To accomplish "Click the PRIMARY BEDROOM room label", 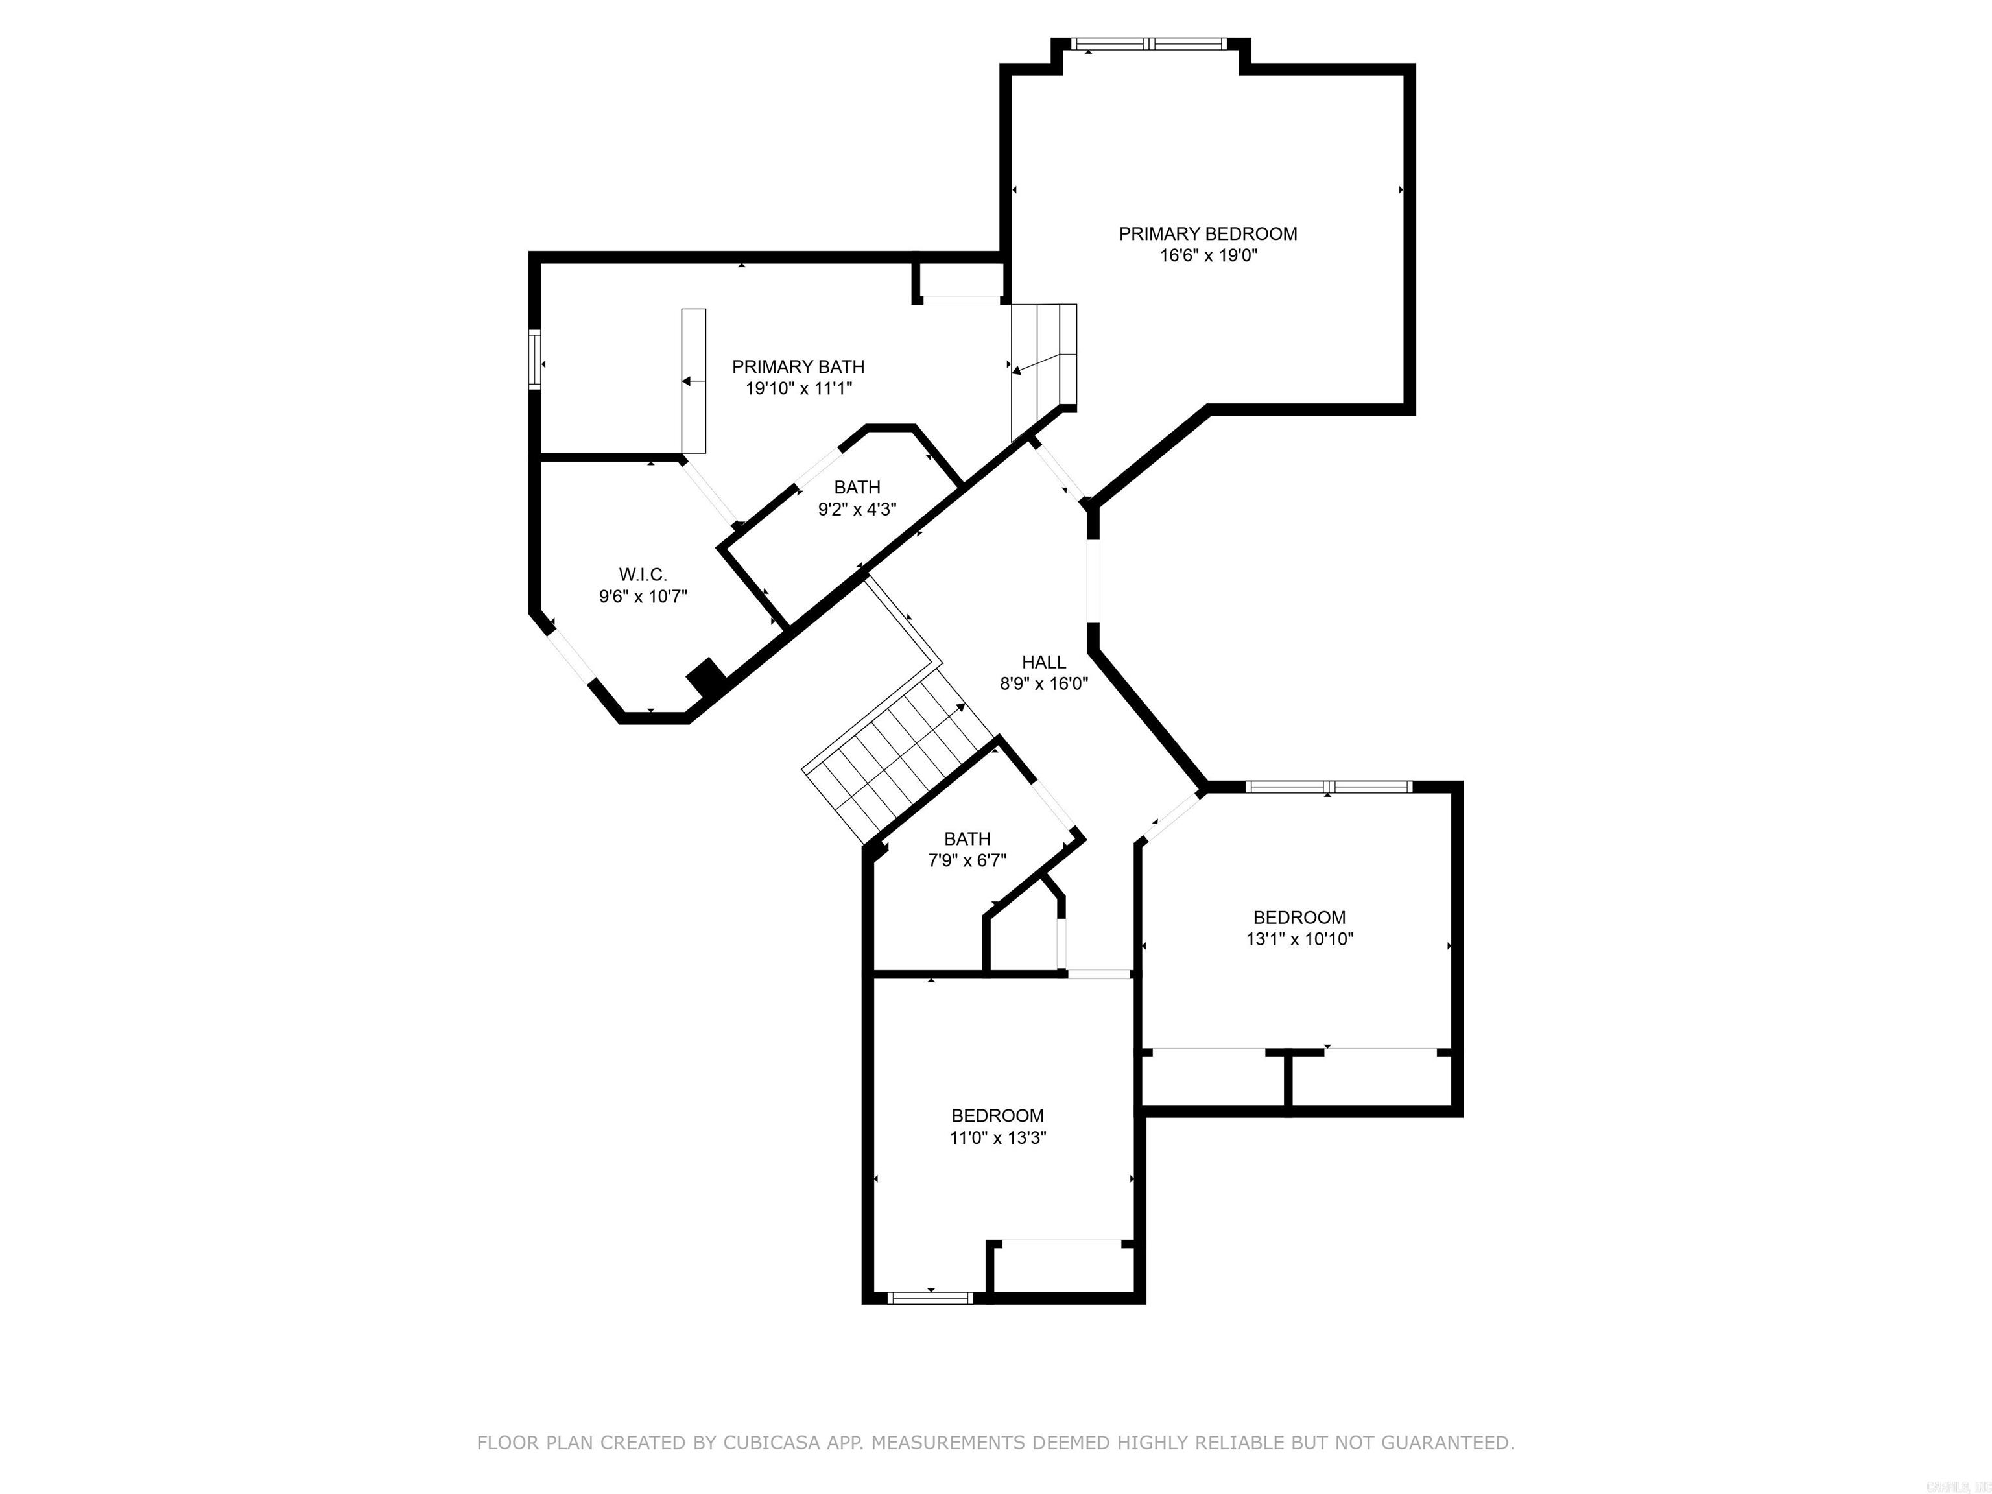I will click(1207, 234).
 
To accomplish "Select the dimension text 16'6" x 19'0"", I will click(1207, 255).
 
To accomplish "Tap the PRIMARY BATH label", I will click(798, 366).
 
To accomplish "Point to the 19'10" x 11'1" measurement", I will click(798, 389).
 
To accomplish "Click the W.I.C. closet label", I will click(643, 575).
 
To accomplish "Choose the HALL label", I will click(1044, 662).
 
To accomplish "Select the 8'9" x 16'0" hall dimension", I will click(1044, 683).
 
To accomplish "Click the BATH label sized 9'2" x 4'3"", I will click(857, 487).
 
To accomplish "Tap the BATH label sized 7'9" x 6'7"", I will click(967, 838).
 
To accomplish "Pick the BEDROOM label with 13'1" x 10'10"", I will click(1299, 918).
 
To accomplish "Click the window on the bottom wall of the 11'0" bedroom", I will click(931, 1298).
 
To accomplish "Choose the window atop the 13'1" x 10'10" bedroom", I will click(1329, 786).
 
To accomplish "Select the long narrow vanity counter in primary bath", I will click(693, 380).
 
